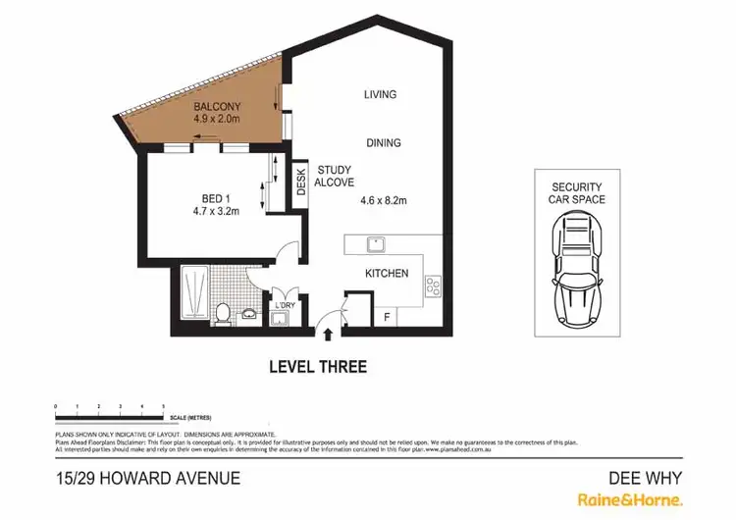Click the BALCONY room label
point(217,107)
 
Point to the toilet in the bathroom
point(223,312)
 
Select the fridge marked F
point(388,317)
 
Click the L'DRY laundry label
point(285,305)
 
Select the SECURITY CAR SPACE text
point(576,192)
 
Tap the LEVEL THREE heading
point(318,367)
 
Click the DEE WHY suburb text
point(646,479)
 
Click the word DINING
point(384,143)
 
